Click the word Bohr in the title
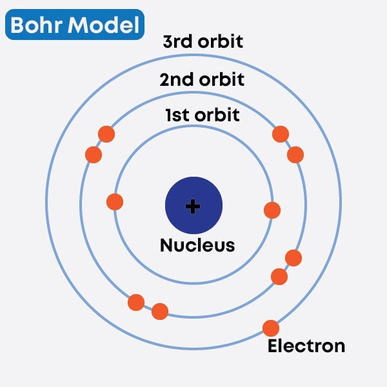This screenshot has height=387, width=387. pos(36,25)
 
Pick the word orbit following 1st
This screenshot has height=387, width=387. pos(217,115)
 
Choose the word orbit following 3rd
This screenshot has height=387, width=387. pos(221,43)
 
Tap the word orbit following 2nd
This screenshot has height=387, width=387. pos(222,80)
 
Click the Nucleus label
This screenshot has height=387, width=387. pos(197,245)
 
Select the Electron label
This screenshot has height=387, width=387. pos(306,346)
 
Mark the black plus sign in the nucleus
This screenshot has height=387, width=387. pos(193,206)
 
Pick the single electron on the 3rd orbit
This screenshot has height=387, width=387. pos(271,328)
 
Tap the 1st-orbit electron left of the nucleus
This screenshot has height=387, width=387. pos(115,202)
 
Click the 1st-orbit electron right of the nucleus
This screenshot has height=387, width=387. pos(272,210)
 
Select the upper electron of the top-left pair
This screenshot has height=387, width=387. pos(106,134)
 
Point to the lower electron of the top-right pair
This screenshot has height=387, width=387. pos(295,155)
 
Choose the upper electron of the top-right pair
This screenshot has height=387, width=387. pos(281,134)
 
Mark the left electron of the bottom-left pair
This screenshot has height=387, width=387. pos(136,302)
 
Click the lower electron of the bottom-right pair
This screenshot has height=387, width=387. pos(279,277)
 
